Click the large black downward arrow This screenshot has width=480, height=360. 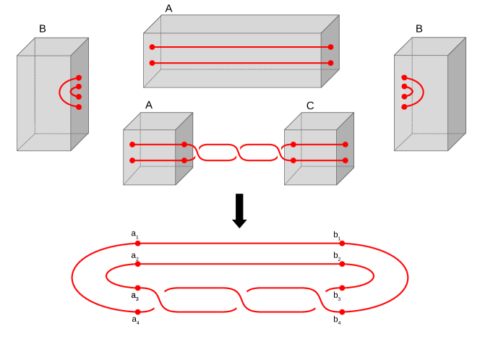[239, 210]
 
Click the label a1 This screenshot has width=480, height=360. [135, 234]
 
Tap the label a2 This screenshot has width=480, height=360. [135, 257]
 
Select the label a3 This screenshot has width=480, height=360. [135, 296]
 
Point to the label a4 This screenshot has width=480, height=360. [135, 319]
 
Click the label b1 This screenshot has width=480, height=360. [338, 235]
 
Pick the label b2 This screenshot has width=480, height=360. [338, 257]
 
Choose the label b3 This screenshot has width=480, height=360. [338, 296]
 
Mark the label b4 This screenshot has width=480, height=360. [338, 319]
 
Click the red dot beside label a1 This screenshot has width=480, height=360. [137, 244]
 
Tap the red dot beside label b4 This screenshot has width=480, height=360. [341, 312]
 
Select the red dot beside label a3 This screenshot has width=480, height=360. [137, 288]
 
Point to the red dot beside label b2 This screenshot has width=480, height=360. [341, 265]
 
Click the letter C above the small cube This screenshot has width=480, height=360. [310, 106]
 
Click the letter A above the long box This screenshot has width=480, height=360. [169, 9]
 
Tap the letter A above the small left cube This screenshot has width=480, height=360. [149, 105]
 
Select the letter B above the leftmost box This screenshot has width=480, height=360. [43, 30]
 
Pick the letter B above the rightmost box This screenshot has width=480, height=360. [419, 30]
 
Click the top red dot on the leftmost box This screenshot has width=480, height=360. [79, 78]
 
